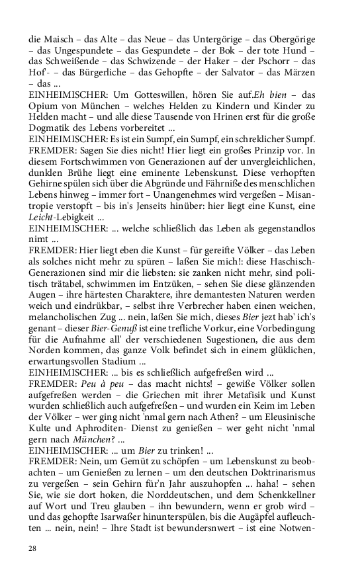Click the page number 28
click(x=32, y=548)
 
